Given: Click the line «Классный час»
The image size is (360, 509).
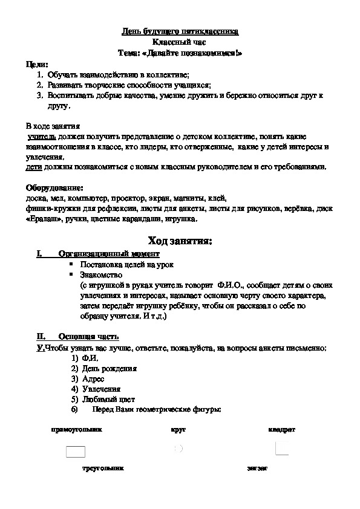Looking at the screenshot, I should [x=180, y=42].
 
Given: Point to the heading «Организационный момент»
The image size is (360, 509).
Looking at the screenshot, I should [x=109, y=254].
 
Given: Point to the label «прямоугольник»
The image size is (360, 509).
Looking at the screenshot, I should [x=76, y=430].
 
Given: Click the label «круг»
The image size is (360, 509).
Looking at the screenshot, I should [x=178, y=430].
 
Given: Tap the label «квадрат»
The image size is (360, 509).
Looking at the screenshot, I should [x=281, y=430].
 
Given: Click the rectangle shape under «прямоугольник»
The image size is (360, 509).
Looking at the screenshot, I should [x=75, y=451].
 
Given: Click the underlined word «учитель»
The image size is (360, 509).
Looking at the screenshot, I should [x=41, y=137].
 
